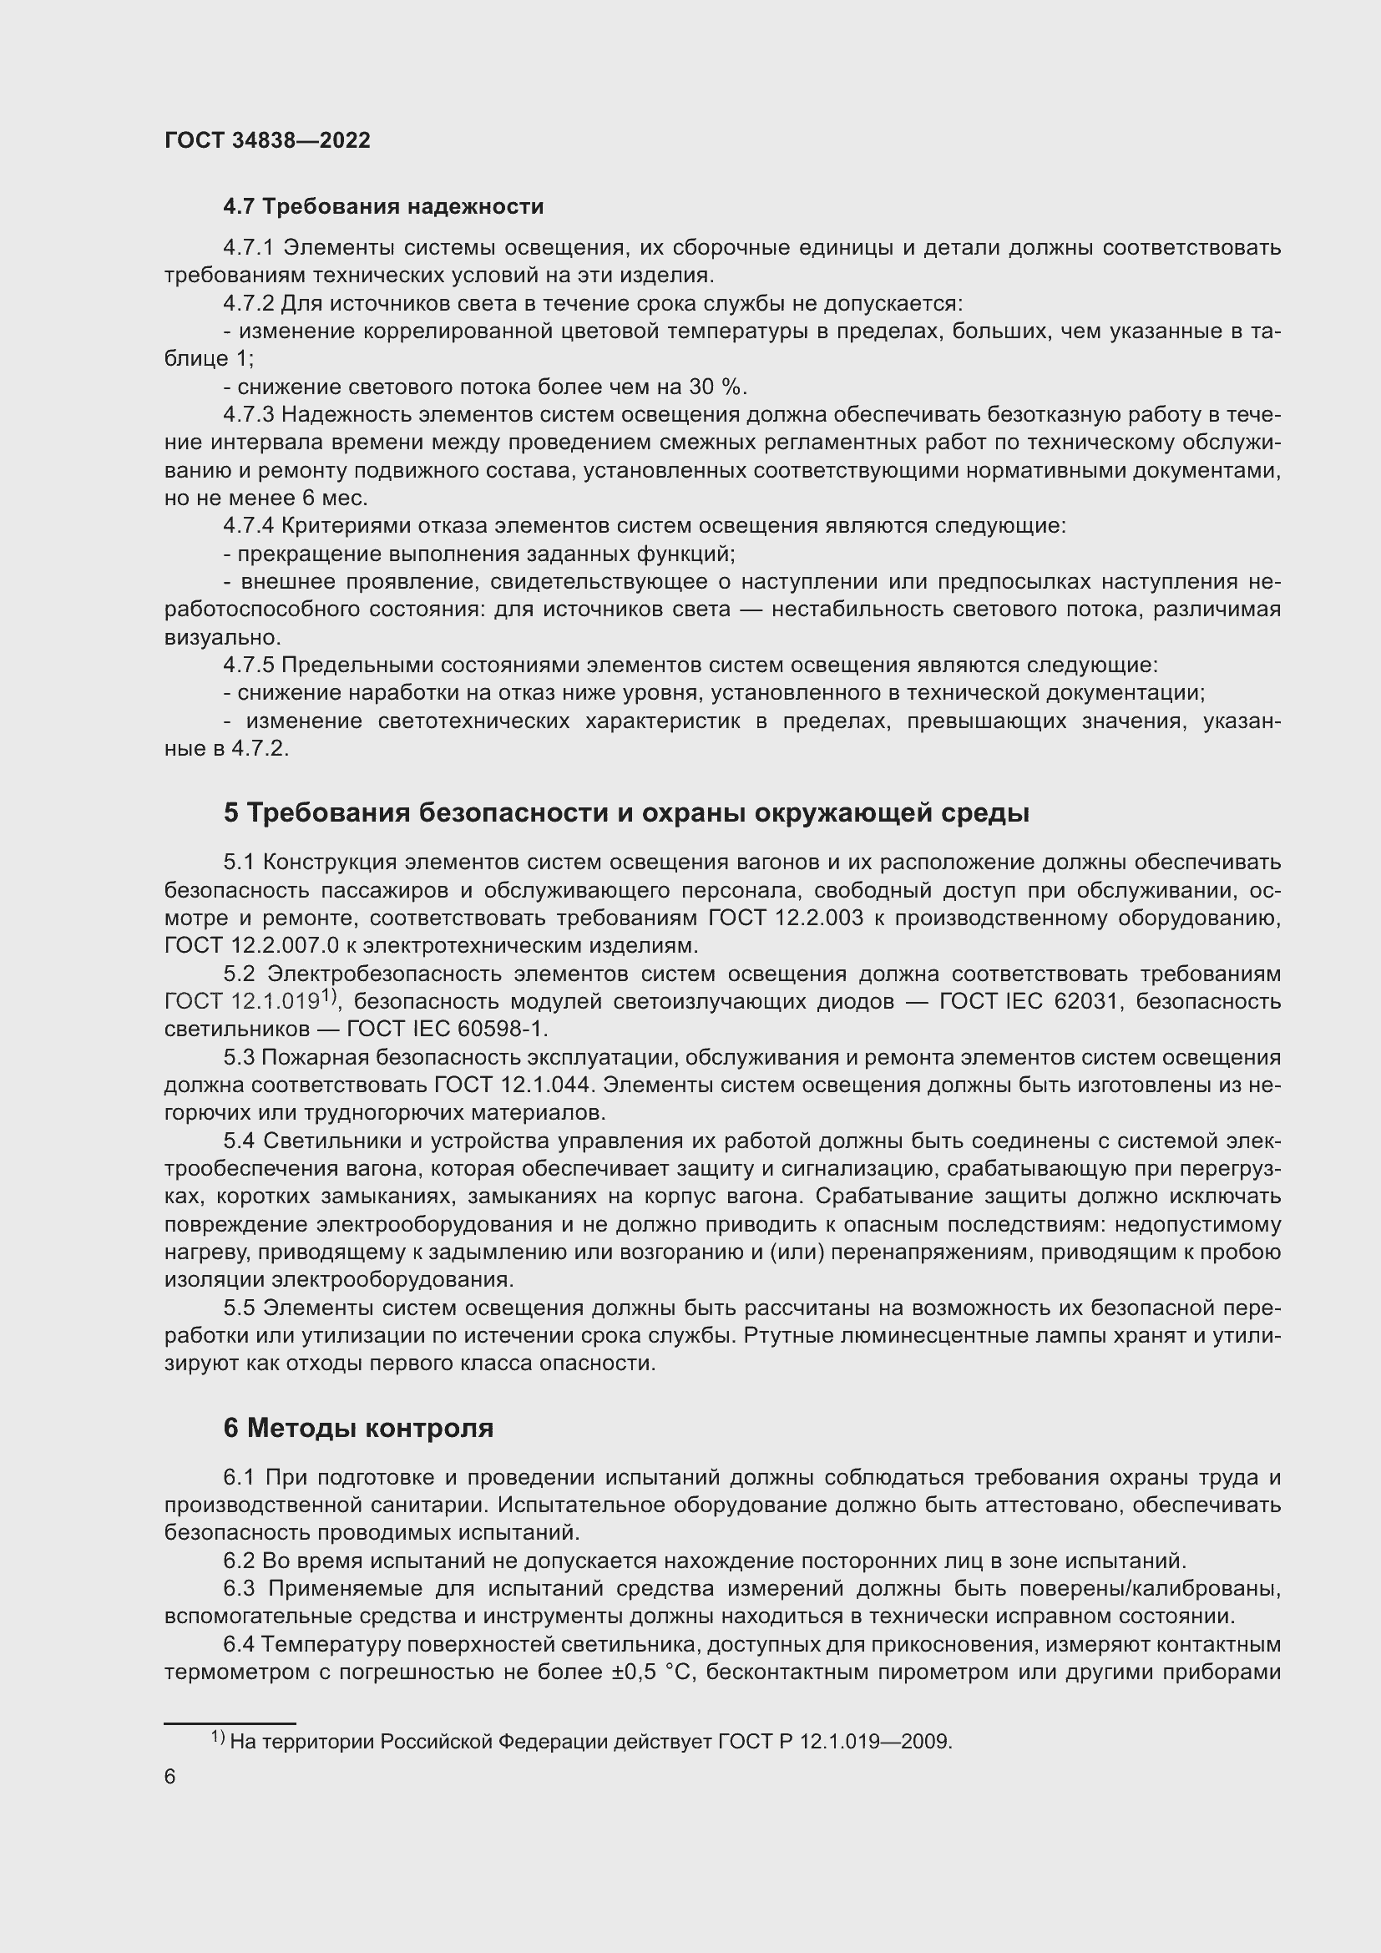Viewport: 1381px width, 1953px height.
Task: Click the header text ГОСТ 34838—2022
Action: (267, 140)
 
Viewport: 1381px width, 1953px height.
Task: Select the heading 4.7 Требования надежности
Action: (382, 207)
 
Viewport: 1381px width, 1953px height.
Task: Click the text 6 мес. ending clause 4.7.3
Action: (335, 498)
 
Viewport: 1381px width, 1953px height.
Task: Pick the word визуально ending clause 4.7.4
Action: (221, 637)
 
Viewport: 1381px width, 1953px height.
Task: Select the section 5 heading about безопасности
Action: (626, 812)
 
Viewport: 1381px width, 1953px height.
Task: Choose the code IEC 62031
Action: (1060, 1001)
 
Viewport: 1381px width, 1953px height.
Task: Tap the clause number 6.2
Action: (239, 1561)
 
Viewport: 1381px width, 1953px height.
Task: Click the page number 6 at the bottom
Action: (170, 1777)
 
